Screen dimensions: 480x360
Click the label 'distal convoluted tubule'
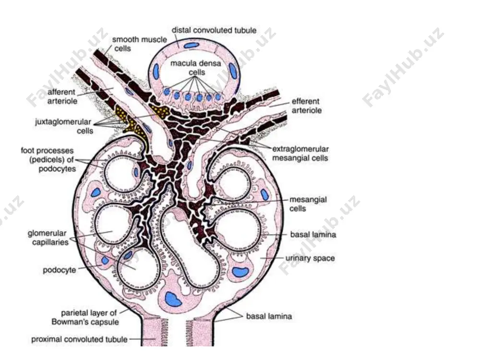point(214,30)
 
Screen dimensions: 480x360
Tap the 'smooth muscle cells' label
point(139,44)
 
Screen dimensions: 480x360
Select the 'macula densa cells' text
point(196,68)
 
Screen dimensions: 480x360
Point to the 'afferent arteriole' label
point(61,96)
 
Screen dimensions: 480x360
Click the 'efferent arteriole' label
point(306,106)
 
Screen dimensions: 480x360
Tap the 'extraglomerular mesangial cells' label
point(300,154)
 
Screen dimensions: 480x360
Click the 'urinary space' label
point(310,258)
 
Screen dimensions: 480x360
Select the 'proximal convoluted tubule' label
point(79,339)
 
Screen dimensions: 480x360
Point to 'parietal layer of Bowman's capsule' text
point(85,317)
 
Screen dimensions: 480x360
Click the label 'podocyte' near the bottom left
point(60,270)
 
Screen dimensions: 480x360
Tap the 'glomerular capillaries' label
point(48,238)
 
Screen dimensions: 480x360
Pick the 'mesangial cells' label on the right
point(308,204)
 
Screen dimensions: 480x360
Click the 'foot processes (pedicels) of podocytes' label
point(48,159)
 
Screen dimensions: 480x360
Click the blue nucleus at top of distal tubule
point(192,45)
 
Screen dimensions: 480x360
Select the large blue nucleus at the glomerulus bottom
point(173,299)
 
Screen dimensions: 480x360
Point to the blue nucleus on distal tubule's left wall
point(156,72)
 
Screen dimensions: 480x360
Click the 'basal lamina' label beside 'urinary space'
point(313,235)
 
